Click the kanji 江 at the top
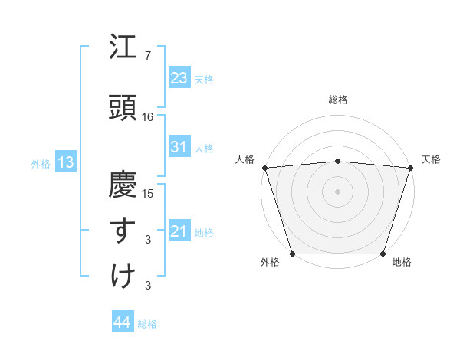tap(123, 48)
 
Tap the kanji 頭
tap(123, 108)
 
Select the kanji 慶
tap(123, 185)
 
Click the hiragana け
tap(123, 276)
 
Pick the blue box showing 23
tap(179, 77)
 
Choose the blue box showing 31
tap(179, 147)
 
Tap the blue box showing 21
tap(179, 231)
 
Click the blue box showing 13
tap(64, 162)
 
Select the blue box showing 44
tap(122, 322)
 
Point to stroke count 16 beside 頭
tap(148, 117)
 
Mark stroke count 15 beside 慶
tap(148, 193)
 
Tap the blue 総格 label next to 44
tap(147, 324)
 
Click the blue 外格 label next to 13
tap(41, 163)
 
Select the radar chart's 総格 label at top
tap(337, 100)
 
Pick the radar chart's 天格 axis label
tap(431, 159)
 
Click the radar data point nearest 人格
tap(264, 168)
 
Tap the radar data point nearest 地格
tap(383, 254)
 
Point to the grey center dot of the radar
tap(337, 191)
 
